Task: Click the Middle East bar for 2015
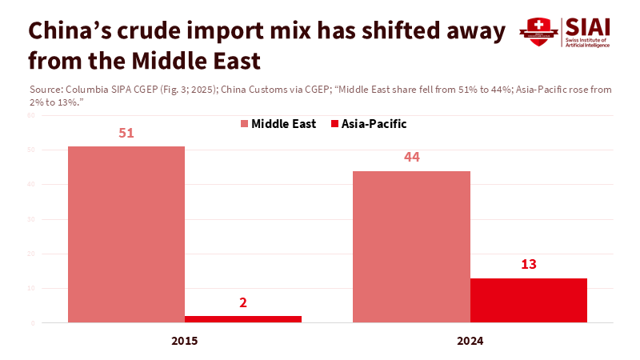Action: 126,234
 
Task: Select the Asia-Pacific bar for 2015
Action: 243,319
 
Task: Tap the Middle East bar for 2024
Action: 411,246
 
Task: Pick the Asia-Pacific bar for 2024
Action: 529,300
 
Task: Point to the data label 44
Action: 411,158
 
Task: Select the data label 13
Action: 529,264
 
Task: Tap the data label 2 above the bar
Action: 243,302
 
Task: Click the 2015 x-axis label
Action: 184,340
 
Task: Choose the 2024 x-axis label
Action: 470,340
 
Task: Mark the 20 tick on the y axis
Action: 30,254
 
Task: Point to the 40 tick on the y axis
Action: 30,185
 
